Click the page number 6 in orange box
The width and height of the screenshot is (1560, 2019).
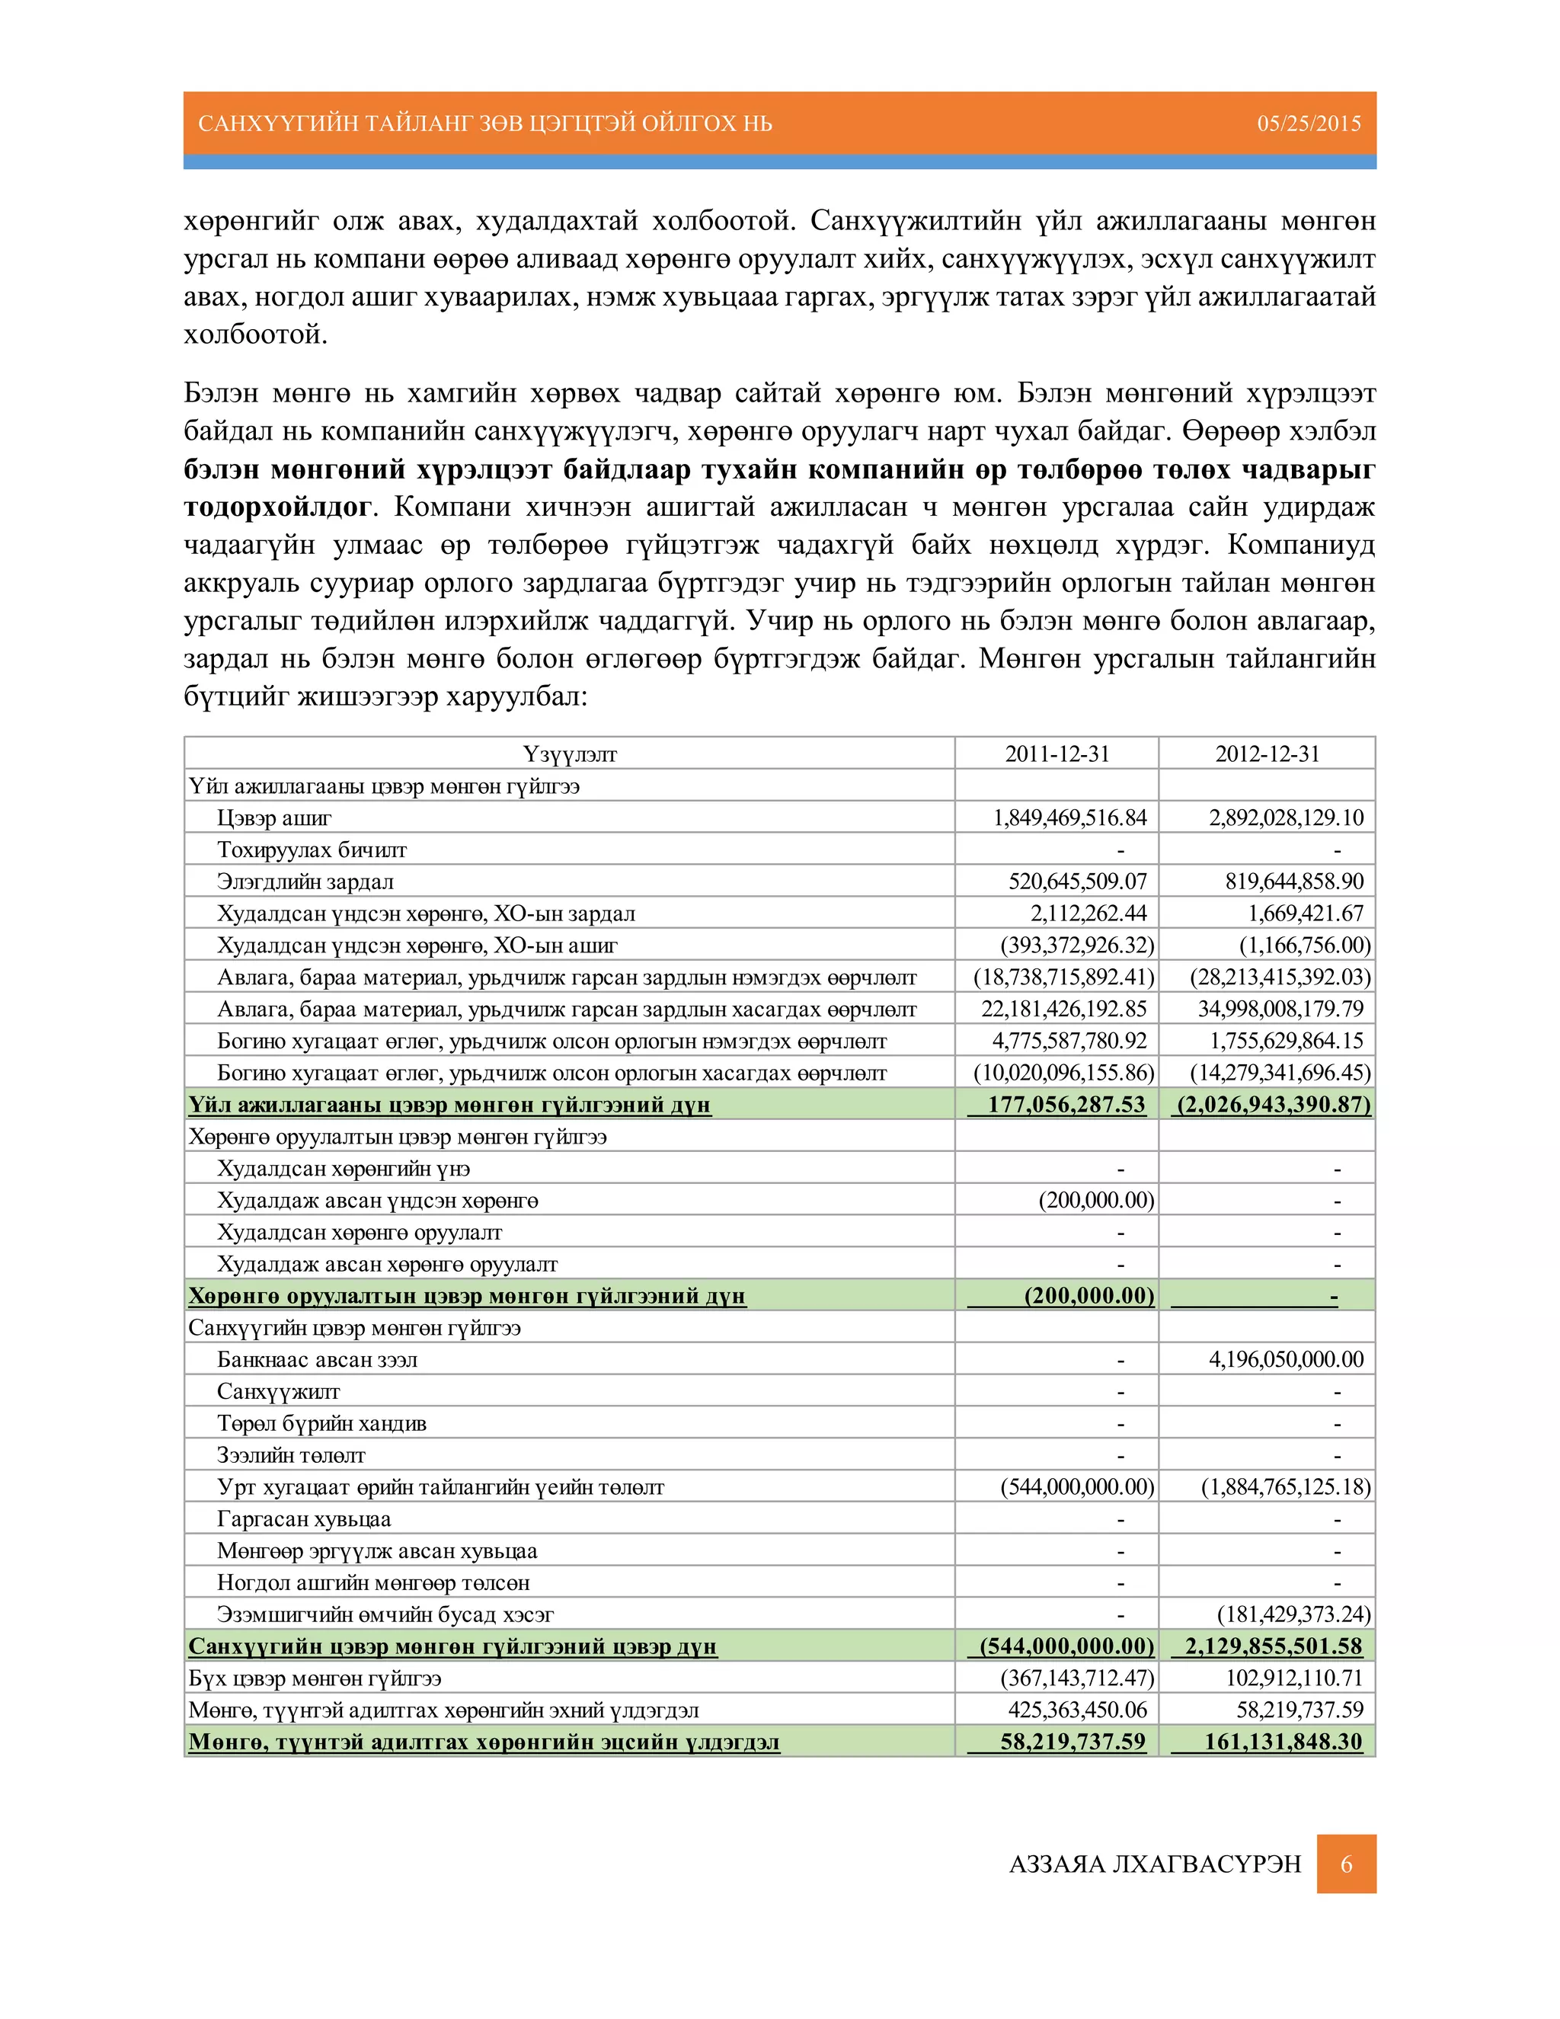[1347, 1864]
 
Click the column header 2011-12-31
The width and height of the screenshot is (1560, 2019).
[1057, 754]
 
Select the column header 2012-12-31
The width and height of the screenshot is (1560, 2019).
[1267, 754]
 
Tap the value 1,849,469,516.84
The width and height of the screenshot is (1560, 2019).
[1069, 818]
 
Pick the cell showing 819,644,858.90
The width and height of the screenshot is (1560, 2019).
[1294, 881]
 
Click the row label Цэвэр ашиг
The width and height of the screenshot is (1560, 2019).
[274, 818]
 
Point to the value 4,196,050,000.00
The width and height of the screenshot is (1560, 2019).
[1286, 1359]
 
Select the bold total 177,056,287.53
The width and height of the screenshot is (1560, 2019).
[1066, 1105]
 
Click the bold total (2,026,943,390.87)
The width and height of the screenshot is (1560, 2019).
[1273, 1105]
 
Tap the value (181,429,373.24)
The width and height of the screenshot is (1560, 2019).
[1294, 1614]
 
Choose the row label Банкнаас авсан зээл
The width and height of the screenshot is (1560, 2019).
[317, 1360]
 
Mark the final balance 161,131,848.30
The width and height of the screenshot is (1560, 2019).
[1283, 1742]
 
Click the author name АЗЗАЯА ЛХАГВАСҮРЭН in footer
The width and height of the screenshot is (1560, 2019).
[1156, 1864]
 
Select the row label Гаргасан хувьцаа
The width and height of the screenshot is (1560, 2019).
[304, 1519]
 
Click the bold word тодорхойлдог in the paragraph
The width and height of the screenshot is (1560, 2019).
[277, 507]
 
